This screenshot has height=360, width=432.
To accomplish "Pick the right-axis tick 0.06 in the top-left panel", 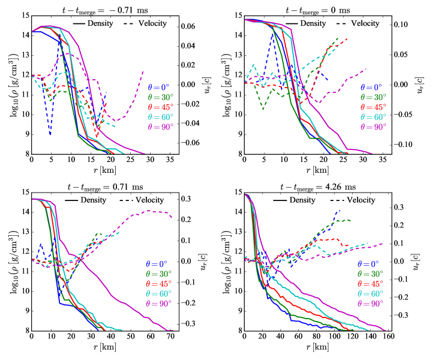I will pyautogui.click(x=190, y=27).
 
